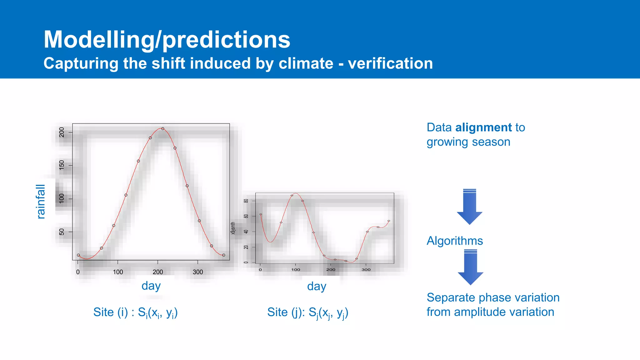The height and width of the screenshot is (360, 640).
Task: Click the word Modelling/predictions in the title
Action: pos(167,40)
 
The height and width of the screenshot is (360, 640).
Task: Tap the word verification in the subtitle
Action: pos(390,63)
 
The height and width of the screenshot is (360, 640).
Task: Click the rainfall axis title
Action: pos(41,202)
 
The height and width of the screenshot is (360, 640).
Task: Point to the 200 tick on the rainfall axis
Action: pos(62,132)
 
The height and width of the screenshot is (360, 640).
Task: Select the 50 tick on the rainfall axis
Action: pos(62,232)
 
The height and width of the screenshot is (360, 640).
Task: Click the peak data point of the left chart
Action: pos(163,128)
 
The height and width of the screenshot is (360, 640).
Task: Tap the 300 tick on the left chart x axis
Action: pos(198,272)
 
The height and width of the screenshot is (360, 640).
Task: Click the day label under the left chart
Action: pos(151,286)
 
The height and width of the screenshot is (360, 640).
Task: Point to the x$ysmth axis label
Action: pos(233,228)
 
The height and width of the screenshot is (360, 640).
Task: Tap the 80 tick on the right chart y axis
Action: pos(246,201)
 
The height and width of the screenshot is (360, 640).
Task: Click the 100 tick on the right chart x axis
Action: pos(296,270)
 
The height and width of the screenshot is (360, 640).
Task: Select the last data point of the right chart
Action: pos(389,221)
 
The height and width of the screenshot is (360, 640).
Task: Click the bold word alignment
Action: pos(483,127)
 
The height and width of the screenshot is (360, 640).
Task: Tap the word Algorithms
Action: pos(455,241)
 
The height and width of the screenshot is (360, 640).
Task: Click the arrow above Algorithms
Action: pos(469,206)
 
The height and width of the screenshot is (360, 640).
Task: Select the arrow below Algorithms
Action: pos(470,267)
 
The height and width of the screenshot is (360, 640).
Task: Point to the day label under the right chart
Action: pos(317,286)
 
